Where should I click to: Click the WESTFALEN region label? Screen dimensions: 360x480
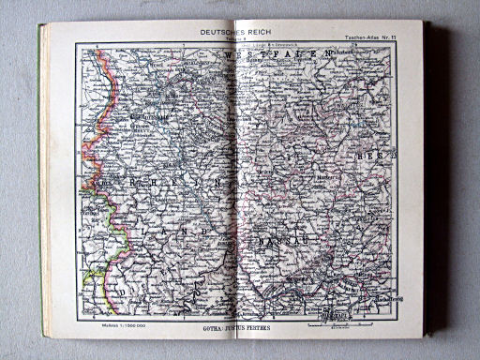[x=282, y=57]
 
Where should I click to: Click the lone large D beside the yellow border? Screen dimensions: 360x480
[x=121, y=293]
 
